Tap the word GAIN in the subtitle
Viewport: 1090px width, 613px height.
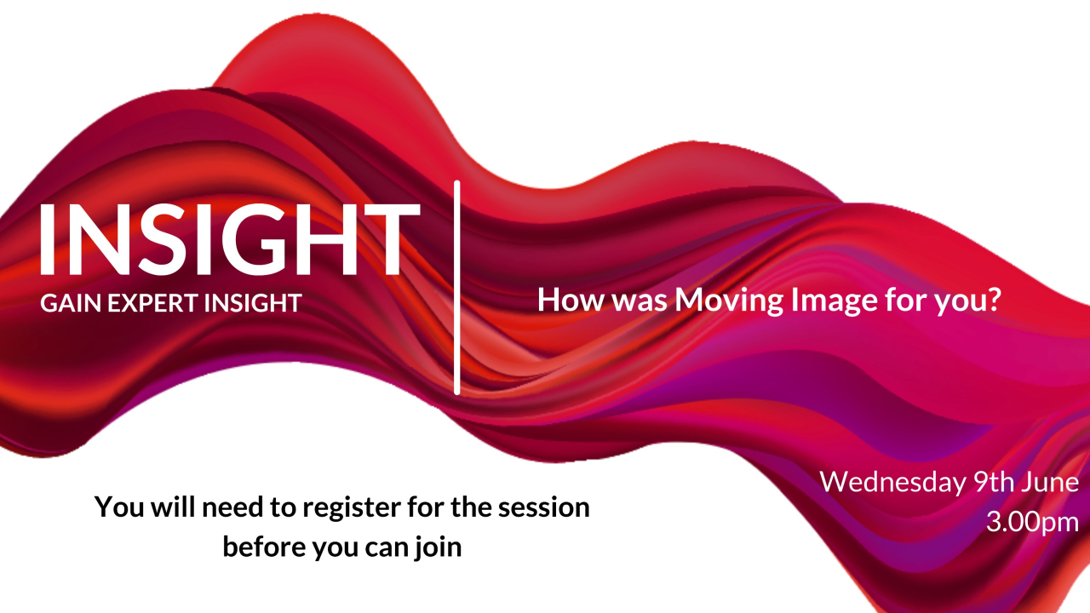click(67, 303)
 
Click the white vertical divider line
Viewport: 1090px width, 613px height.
click(457, 288)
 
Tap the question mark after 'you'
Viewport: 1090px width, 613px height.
click(991, 300)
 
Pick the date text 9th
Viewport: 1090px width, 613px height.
click(993, 482)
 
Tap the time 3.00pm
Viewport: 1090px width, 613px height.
click(1032, 520)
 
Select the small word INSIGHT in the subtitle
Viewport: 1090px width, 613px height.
click(252, 303)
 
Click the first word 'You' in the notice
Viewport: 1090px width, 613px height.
click(117, 507)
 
